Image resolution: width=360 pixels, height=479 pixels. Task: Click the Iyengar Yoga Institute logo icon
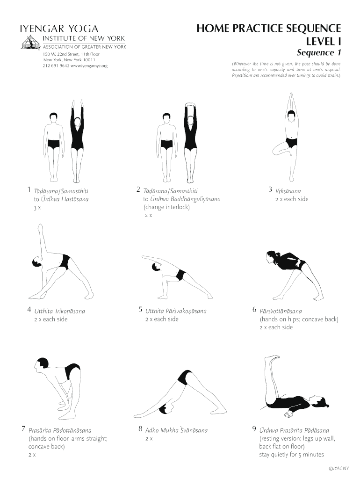tap(31, 42)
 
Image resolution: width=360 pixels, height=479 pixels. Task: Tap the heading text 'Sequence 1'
tap(319, 52)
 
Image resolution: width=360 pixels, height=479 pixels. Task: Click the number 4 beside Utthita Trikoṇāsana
tap(29, 310)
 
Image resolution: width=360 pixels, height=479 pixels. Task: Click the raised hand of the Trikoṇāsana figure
tap(39, 228)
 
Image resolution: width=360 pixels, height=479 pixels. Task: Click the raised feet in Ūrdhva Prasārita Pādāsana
tap(272, 359)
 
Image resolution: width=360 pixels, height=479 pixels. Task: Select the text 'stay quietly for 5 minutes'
tap(291, 455)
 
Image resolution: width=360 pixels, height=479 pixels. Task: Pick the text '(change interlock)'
tap(166, 207)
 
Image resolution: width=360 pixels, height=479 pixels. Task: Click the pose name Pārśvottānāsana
tap(281, 311)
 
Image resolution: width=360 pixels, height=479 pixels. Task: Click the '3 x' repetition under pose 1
tap(37, 208)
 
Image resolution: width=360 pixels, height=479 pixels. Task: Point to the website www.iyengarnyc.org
tap(89, 65)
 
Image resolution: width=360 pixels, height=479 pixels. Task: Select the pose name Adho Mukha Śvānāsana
tap(176, 430)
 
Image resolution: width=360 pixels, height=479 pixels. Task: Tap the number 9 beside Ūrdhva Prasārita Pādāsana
tap(254, 429)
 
